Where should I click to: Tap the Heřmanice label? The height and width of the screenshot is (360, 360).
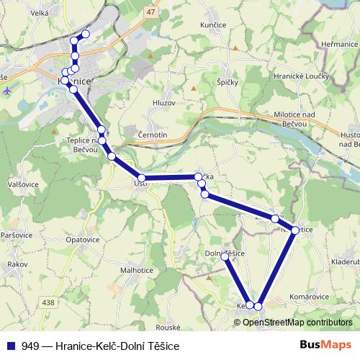[x=339, y=44]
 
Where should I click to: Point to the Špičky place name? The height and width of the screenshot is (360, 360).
[x=228, y=84]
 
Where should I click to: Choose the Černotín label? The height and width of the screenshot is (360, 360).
[x=152, y=135]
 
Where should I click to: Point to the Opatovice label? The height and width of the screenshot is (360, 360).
[x=82, y=238]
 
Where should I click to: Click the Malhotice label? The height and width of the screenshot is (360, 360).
[x=137, y=270]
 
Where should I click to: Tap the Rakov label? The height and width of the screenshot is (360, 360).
[x=16, y=264]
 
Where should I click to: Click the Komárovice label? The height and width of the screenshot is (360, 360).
[x=310, y=296]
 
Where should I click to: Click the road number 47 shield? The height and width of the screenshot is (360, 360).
[x=150, y=13]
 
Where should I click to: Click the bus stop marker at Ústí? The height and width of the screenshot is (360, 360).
[x=142, y=178]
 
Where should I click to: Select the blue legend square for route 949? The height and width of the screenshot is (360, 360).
[x=12, y=346]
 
